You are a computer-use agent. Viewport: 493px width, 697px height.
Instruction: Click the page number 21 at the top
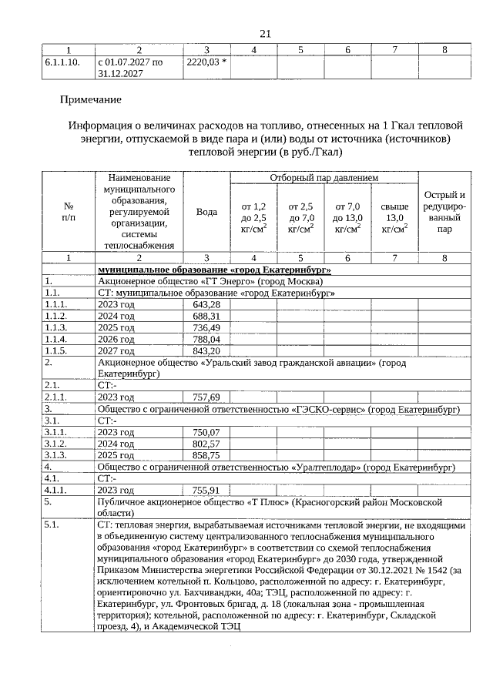coord(266,33)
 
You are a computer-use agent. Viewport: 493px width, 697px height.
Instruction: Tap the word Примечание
coord(91,99)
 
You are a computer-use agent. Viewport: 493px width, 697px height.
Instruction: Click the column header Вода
coord(206,212)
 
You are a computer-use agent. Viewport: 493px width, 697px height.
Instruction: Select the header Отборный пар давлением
coord(324,178)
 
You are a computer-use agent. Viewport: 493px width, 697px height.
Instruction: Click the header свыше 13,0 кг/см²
coord(394,217)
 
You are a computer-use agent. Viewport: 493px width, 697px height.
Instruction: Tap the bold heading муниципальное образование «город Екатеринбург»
coord(214,270)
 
